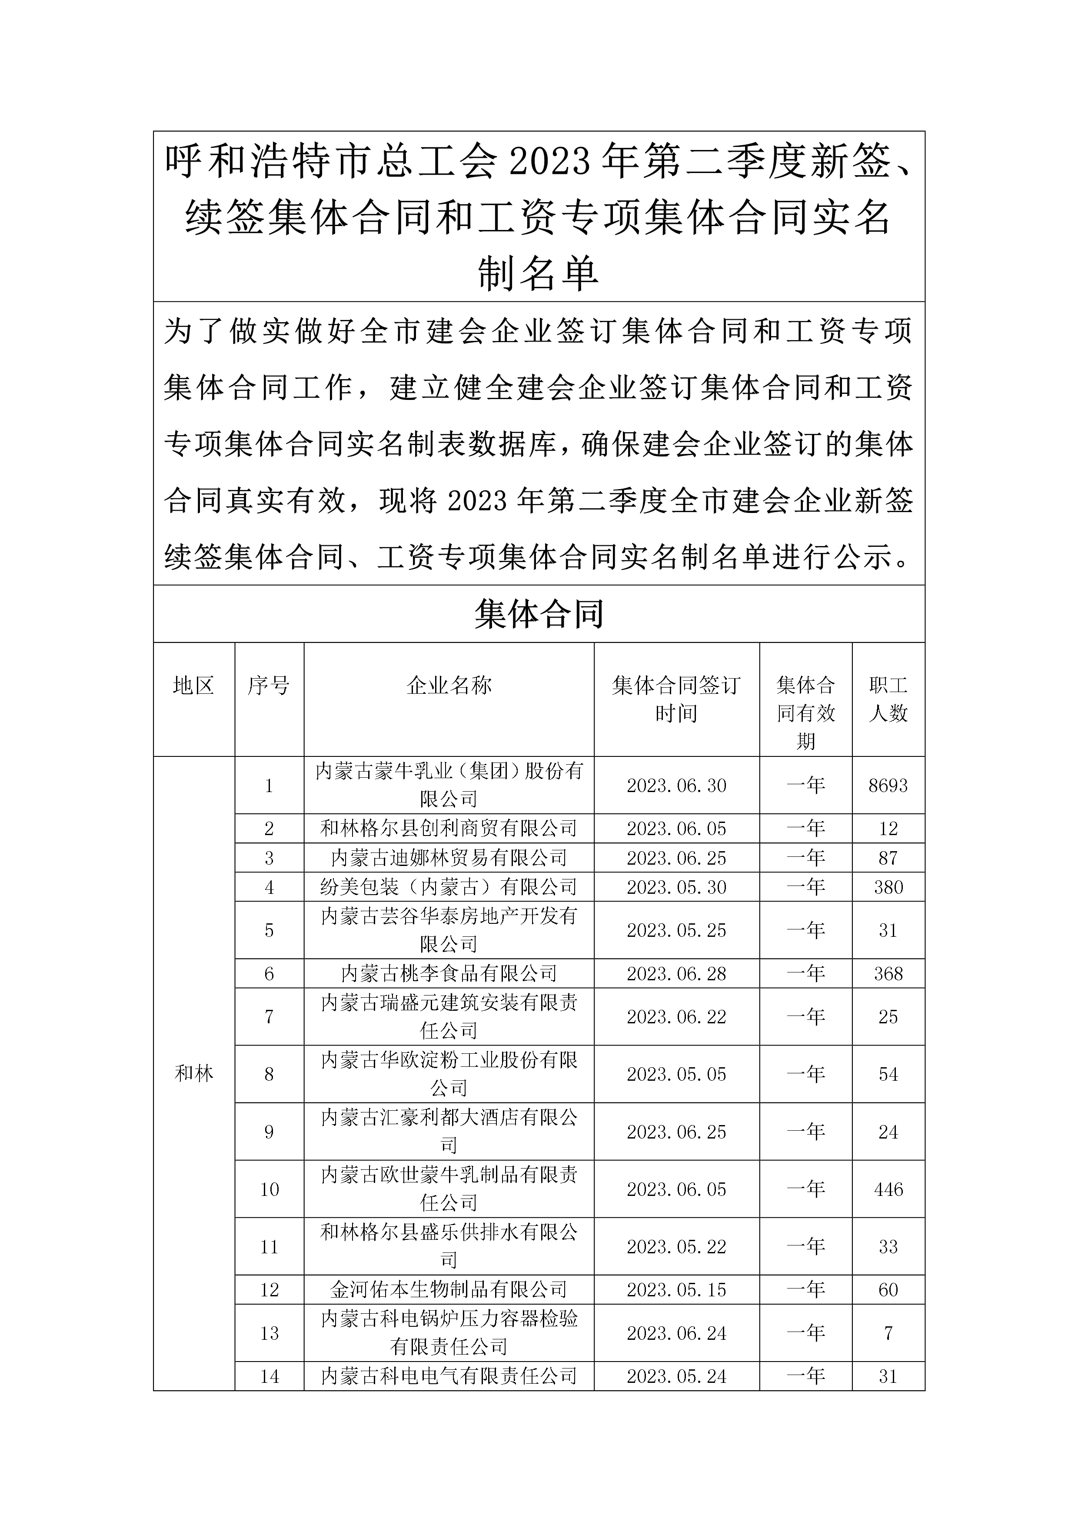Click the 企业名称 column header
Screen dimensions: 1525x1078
(x=449, y=686)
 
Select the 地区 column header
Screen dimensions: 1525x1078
(x=193, y=686)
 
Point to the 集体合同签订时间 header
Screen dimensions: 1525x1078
(x=676, y=699)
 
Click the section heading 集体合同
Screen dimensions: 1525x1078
(x=539, y=614)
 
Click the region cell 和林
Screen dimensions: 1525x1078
(x=194, y=1073)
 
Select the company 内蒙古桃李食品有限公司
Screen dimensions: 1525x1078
(x=449, y=974)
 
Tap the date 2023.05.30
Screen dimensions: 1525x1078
(x=676, y=887)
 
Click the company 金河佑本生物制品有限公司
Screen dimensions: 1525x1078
(x=449, y=1290)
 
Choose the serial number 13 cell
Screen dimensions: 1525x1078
(x=269, y=1333)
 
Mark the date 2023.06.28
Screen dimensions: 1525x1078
(x=676, y=974)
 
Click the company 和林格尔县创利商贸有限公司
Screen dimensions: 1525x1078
(x=449, y=829)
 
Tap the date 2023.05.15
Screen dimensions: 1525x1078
(x=676, y=1290)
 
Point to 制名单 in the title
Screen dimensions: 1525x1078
(x=539, y=273)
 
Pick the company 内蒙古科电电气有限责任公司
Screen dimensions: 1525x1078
(x=449, y=1376)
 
